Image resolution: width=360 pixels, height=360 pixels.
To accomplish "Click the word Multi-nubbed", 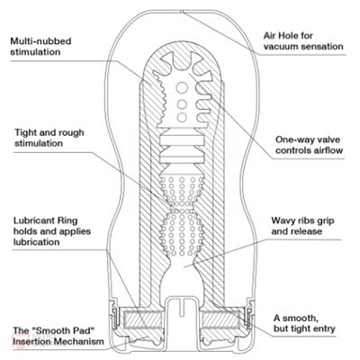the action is point(40,40).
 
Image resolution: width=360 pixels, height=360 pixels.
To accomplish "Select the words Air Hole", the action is point(278,36).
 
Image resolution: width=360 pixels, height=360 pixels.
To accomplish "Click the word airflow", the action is point(328,150).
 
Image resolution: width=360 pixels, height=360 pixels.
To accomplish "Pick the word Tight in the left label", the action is point(26,132).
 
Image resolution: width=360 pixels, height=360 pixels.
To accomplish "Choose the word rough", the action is point(70,133).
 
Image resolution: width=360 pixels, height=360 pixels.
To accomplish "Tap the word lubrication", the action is point(36,242).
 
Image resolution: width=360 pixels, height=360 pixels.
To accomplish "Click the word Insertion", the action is point(31,341).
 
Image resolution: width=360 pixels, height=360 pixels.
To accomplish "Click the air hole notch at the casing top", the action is point(182,12).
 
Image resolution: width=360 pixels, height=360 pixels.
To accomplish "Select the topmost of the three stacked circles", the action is point(182,88).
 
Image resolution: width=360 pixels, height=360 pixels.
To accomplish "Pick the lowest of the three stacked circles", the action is point(182,117).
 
